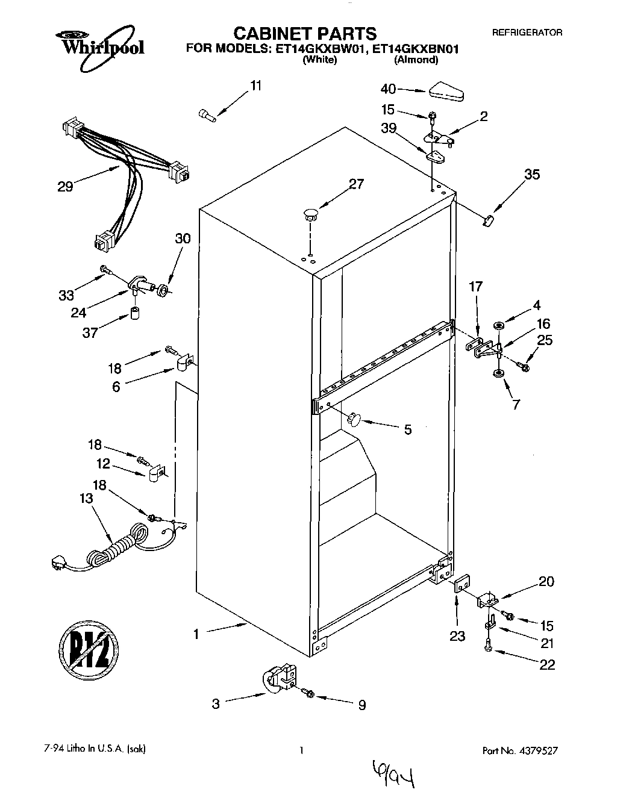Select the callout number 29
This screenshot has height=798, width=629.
click(x=65, y=187)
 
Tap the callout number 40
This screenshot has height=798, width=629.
click(x=389, y=89)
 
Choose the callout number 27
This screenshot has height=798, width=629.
click(x=357, y=184)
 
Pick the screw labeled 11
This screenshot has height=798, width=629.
click(x=207, y=114)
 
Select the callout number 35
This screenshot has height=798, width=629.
click(x=531, y=175)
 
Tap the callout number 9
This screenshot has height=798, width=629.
click(x=361, y=705)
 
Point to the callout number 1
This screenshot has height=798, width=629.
click(x=196, y=634)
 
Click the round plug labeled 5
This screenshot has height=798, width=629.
click(x=352, y=417)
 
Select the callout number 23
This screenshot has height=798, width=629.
click(x=457, y=636)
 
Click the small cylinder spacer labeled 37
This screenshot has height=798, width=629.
click(x=136, y=314)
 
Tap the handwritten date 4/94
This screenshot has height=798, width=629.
click(x=391, y=776)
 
